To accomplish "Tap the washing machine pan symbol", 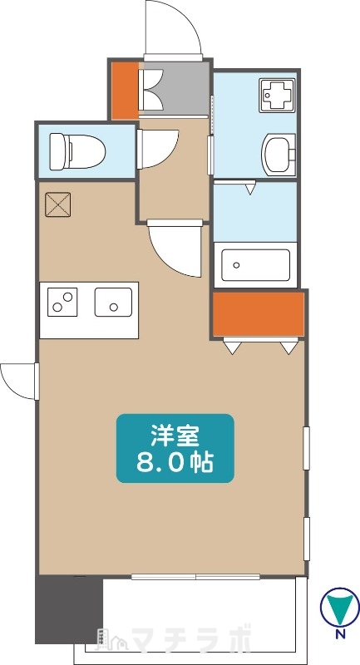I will [x=275, y=94].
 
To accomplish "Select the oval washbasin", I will [x=278, y=152].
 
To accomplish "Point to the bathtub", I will [x=256, y=265].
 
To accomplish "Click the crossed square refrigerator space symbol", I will [x=58, y=204].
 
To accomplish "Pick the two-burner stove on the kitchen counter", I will [x=62, y=302].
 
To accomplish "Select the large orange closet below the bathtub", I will [x=258, y=313].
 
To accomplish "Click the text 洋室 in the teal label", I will [x=175, y=434].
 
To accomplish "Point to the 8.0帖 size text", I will [x=175, y=462].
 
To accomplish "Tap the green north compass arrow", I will [x=339, y=606].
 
